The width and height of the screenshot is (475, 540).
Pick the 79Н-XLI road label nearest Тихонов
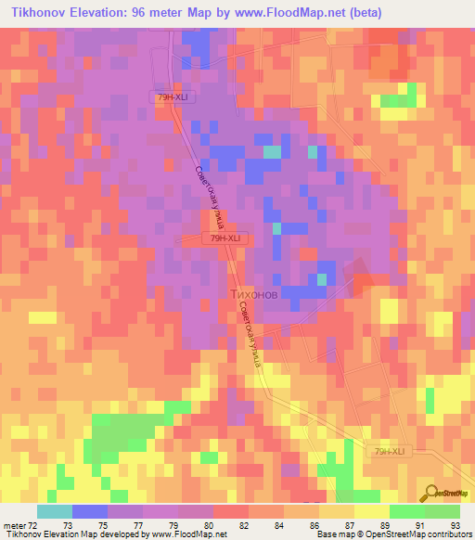(x=225, y=238)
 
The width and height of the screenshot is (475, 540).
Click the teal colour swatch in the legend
(x=55, y=511)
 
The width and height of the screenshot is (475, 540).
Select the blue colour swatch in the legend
(x=90, y=511)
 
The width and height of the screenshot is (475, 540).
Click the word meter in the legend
(x=13, y=525)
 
